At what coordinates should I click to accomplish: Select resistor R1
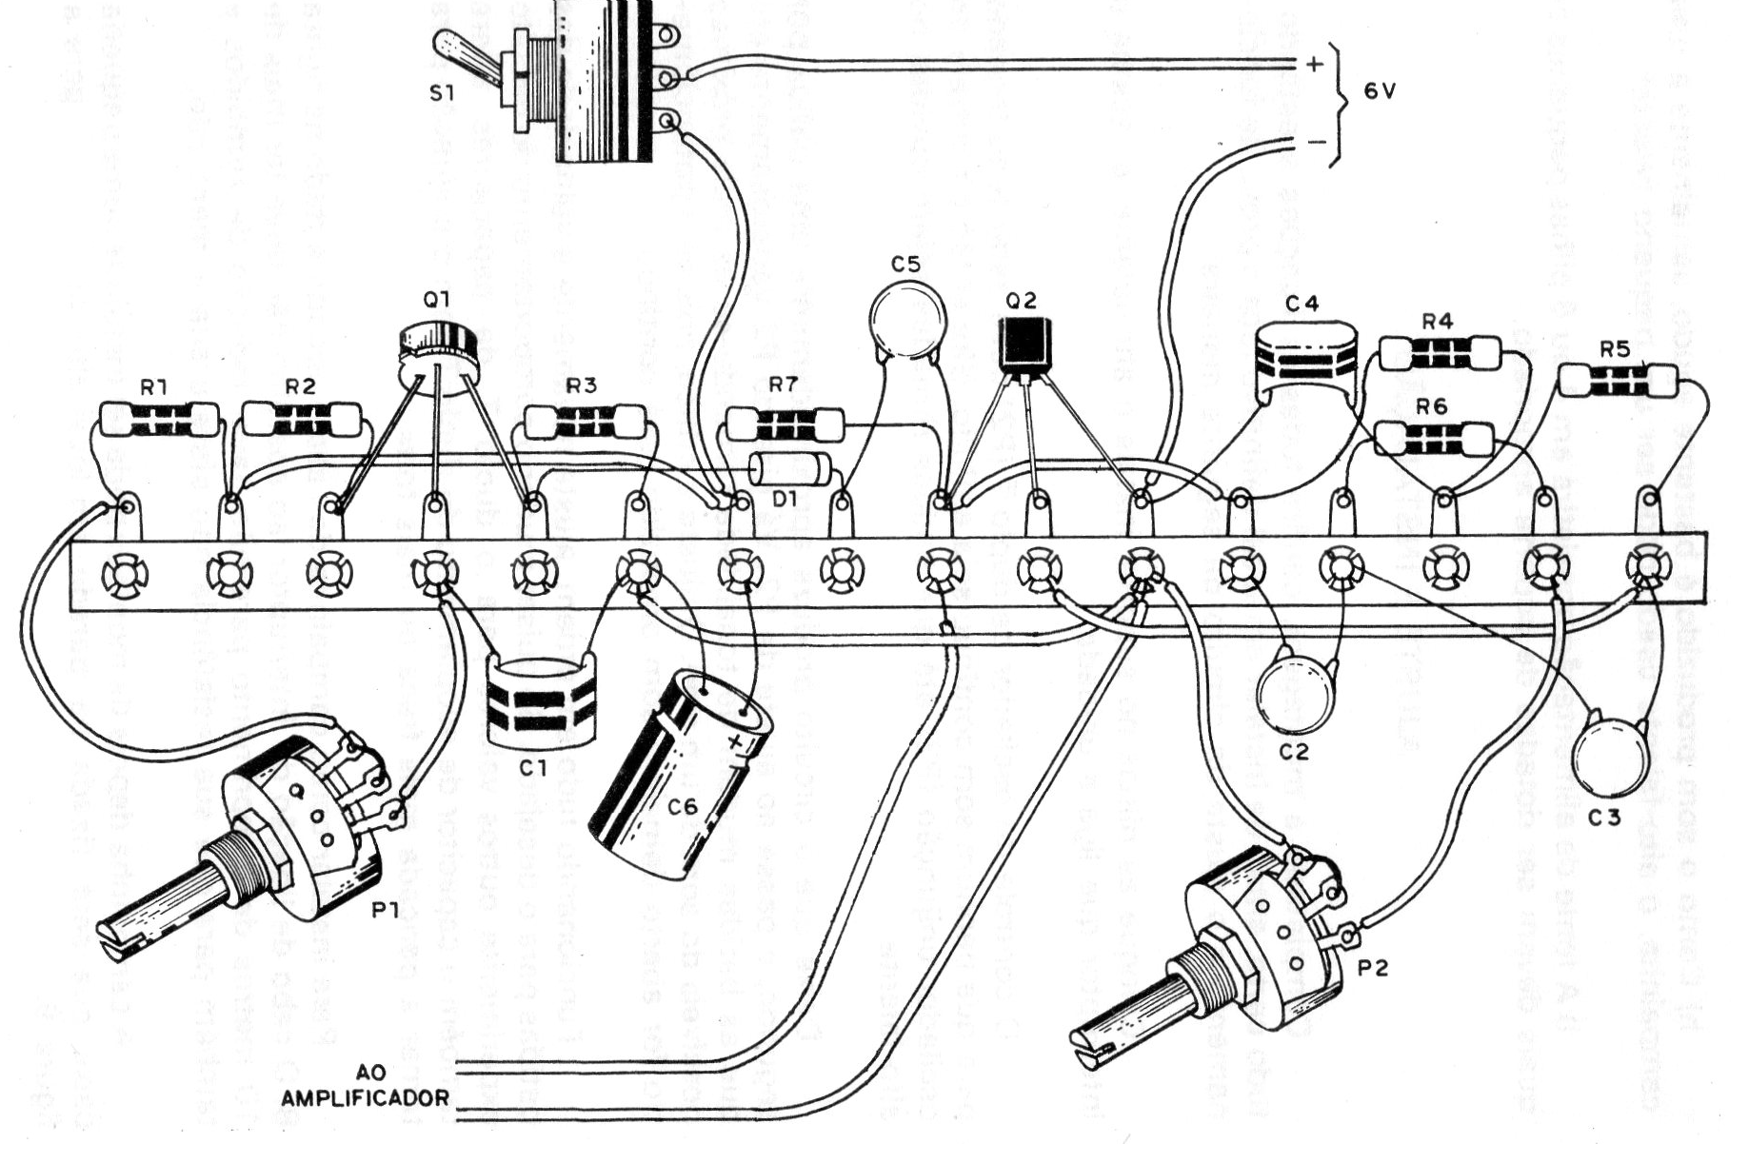coord(158,418)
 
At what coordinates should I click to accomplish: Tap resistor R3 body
coord(585,420)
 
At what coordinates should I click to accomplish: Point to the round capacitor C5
coord(909,322)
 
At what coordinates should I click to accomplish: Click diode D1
coord(790,470)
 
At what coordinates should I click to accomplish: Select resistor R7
coord(785,423)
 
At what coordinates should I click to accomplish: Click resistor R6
coord(1434,439)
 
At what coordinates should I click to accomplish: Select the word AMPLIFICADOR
coord(366,1097)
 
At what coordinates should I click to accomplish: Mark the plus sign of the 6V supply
coord(1314,65)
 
